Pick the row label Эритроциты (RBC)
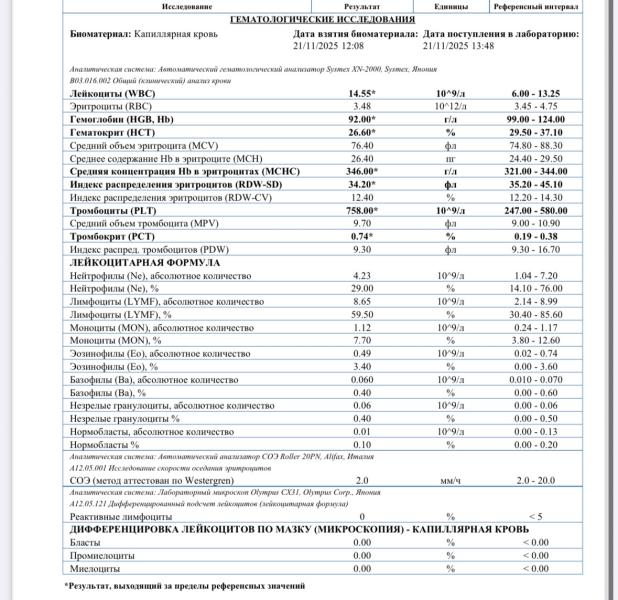[112, 105]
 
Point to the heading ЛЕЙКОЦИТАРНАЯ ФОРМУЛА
[146, 262]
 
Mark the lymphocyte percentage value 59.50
[362, 314]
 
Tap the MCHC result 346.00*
[362, 171]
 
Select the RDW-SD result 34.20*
[362, 184]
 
